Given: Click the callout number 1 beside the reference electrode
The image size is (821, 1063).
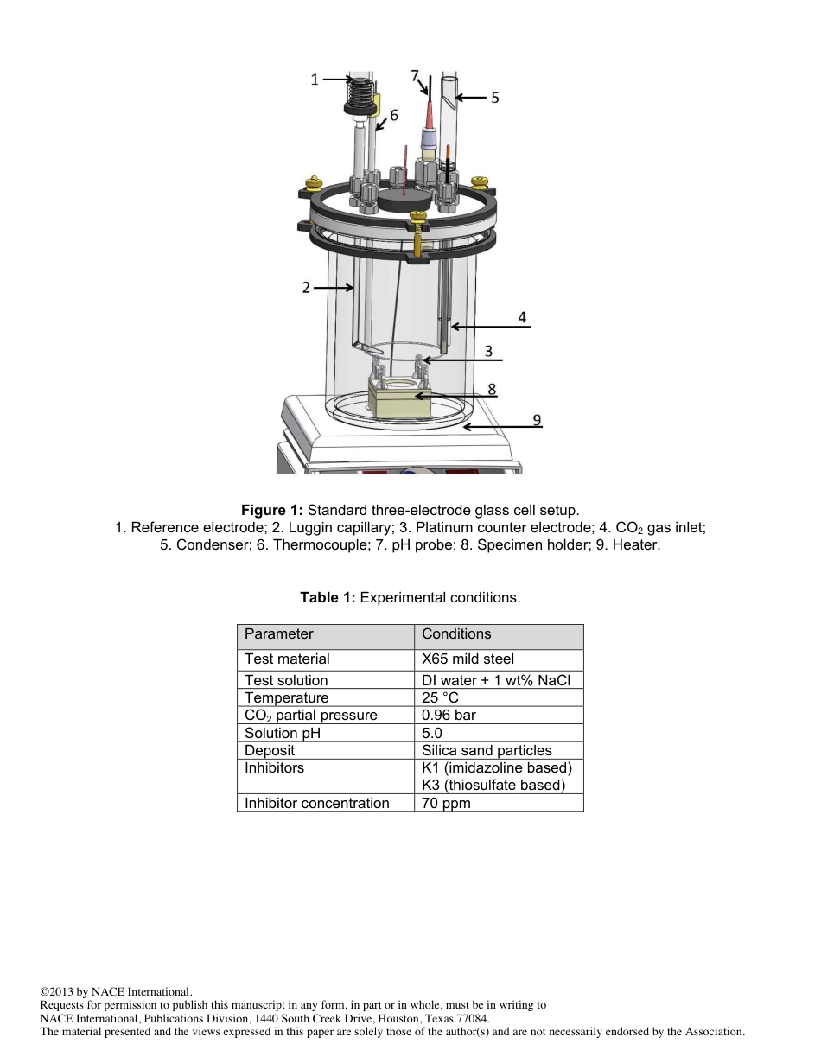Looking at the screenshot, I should pyautogui.click(x=315, y=80).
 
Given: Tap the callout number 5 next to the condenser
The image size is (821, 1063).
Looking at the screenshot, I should pyautogui.click(x=494, y=98).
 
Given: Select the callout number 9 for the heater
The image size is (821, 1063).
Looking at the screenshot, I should pyautogui.click(x=537, y=419).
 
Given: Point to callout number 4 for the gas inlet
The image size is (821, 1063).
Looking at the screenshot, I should pyautogui.click(x=522, y=317).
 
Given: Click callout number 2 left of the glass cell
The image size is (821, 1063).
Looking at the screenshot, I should pyautogui.click(x=306, y=288).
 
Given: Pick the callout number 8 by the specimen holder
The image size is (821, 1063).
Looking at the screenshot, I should pyautogui.click(x=492, y=389).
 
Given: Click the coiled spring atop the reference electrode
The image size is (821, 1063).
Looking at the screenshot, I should pyautogui.click(x=360, y=89).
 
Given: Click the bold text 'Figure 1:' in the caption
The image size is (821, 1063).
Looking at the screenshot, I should pyautogui.click(x=272, y=511).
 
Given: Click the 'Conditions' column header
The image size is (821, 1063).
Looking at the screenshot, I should pyautogui.click(x=456, y=634).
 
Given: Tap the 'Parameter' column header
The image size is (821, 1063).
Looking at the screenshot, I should pyautogui.click(x=278, y=634).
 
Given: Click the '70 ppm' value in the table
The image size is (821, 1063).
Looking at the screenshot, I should pyautogui.click(x=446, y=803).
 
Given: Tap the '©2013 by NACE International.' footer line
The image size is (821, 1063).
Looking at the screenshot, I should pyautogui.click(x=116, y=991).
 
